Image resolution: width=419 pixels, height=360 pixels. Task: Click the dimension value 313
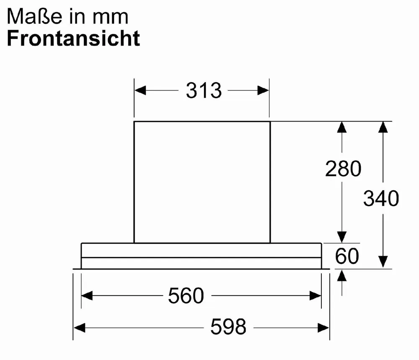click(204, 91)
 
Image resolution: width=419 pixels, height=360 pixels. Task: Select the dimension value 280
click(343, 168)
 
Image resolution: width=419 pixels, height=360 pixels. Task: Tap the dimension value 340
click(381, 198)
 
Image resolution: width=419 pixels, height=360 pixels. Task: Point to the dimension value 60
click(347, 256)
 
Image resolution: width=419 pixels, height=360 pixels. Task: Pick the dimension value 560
click(186, 295)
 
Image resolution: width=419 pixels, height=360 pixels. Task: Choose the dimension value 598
click(228, 326)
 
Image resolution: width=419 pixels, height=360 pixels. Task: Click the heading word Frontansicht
click(73, 38)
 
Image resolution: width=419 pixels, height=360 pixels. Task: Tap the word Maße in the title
click(35, 17)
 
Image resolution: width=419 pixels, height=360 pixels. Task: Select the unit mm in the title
click(110, 18)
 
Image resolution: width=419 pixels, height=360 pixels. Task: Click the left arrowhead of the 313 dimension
click(140, 91)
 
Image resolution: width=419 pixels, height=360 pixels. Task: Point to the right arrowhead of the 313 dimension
click(263, 91)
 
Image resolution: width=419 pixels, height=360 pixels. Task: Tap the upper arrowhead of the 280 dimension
click(342, 127)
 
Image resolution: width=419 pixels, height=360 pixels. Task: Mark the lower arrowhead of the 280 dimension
click(342, 237)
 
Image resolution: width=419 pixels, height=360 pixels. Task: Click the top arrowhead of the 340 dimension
click(383, 127)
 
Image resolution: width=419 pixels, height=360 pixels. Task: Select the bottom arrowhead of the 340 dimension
click(383, 262)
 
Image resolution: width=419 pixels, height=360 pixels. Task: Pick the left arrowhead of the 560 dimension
click(87, 295)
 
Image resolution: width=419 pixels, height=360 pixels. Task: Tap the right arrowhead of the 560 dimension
click(316, 295)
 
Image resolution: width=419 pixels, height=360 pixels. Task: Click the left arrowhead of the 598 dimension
click(79, 328)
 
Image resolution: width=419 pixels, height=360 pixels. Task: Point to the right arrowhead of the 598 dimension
click(323, 328)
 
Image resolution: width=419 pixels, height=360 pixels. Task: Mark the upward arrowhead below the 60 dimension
click(342, 275)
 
